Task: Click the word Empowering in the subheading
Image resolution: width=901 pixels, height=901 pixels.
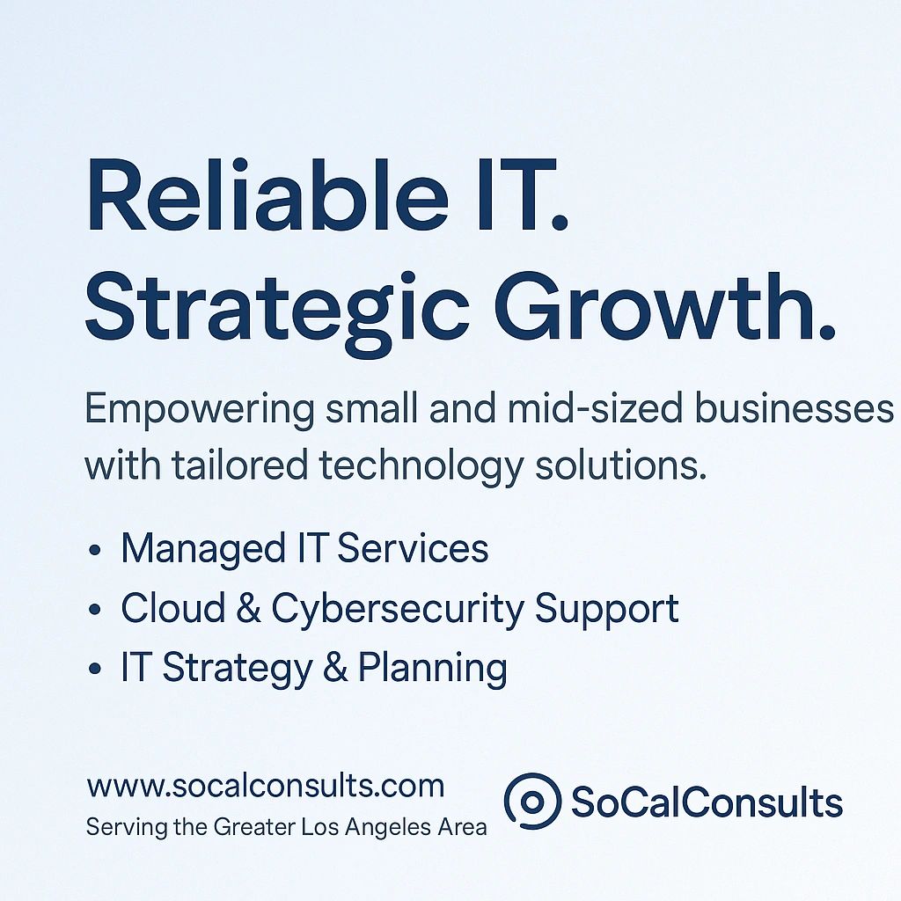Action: (200, 411)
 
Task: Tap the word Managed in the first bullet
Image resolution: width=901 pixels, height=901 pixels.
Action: (188, 549)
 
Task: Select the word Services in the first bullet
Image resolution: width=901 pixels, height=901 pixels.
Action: (413, 549)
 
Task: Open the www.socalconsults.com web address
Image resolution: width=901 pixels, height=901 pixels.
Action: (266, 786)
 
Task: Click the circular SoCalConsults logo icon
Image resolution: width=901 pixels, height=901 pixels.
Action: (532, 802)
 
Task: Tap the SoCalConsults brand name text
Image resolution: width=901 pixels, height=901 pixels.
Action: (707, 802)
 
